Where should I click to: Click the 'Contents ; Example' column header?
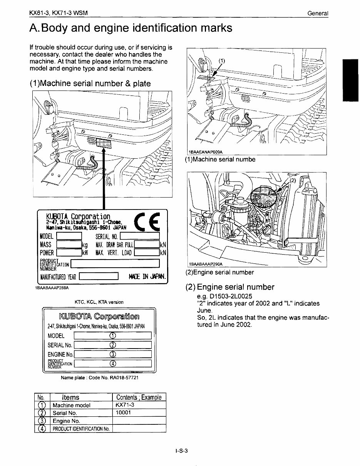tap(139, 397)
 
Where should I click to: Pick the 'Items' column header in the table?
tap(70, 397)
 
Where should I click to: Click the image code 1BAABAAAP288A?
tap(52, 287)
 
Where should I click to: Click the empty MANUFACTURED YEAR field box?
tap(98, 277)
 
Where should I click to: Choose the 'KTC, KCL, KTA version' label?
tap(99, 302)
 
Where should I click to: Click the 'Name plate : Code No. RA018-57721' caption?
tap(100, 378)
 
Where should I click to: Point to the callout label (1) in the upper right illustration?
tap(222, 60)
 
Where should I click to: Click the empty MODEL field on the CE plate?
tap(69, 236)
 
